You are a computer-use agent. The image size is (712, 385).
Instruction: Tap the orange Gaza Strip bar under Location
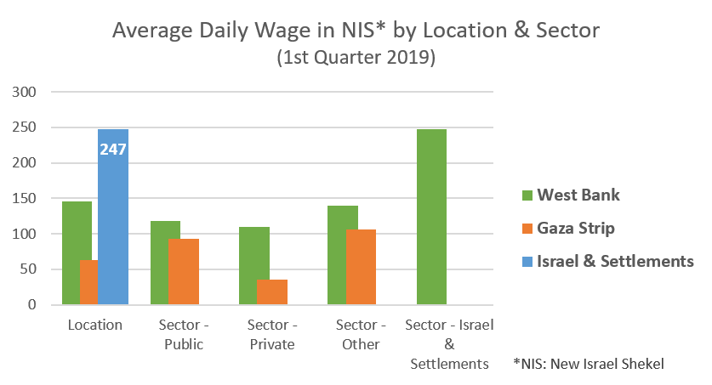88,282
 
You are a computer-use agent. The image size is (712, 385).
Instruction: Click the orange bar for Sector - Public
183,271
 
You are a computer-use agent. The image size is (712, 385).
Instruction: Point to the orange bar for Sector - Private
271,292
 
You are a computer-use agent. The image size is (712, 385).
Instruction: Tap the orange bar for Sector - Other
360,267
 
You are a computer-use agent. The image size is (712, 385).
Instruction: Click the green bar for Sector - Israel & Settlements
431,217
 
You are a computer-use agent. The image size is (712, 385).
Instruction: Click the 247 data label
113,150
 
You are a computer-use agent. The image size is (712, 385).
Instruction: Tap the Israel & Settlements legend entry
608,261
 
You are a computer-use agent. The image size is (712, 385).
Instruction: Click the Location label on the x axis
95,325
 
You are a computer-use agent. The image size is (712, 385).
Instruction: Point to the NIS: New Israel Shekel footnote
588,364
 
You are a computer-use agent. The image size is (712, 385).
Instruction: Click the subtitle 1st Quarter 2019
356,59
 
